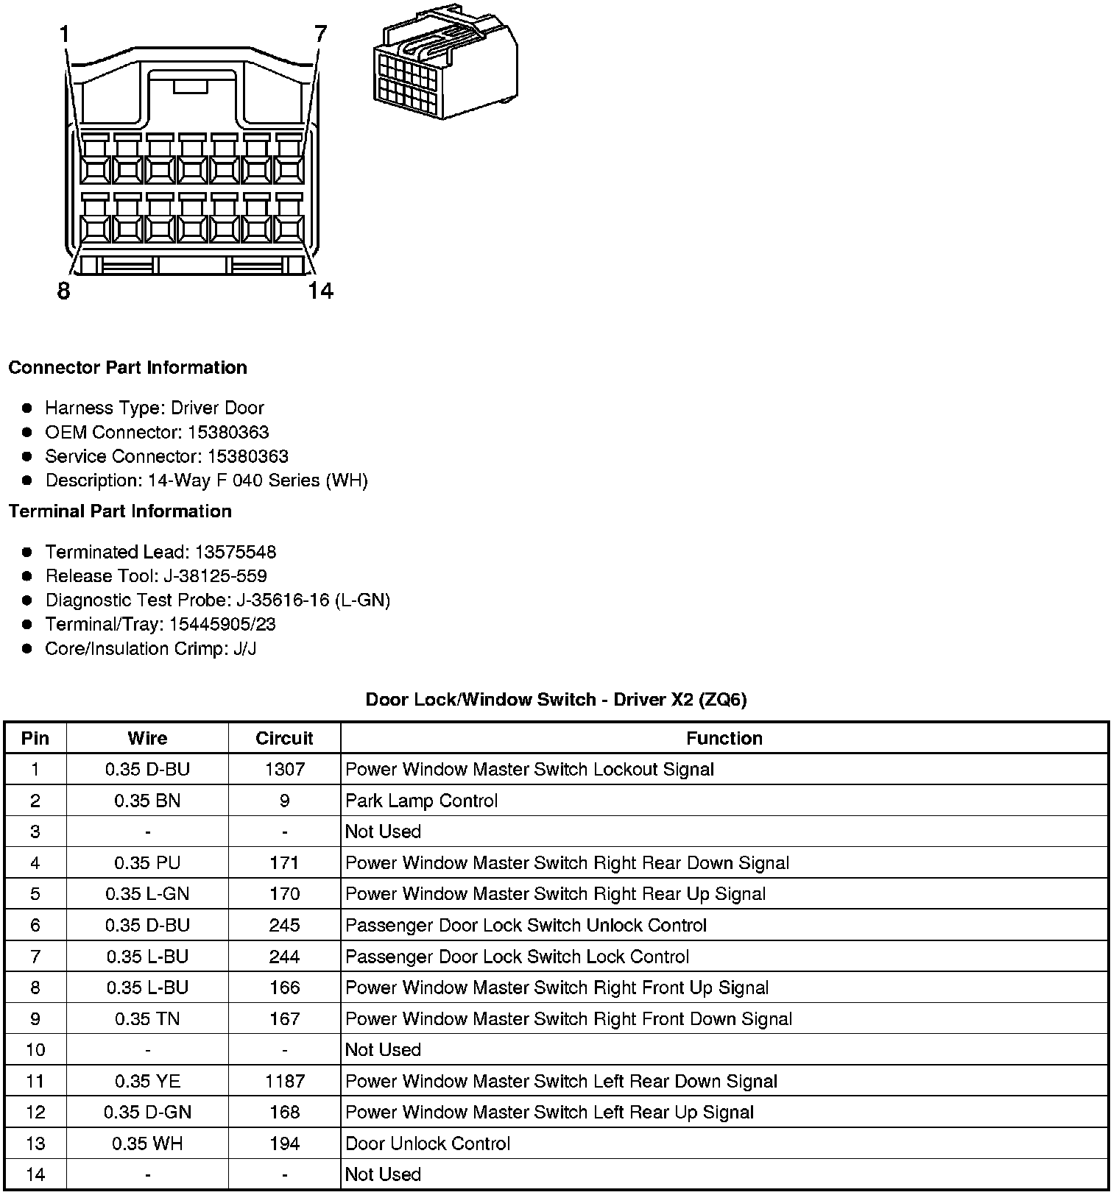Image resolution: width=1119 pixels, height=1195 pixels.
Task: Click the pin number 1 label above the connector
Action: [65, 34]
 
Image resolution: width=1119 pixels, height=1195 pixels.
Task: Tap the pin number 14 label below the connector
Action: [320, 291]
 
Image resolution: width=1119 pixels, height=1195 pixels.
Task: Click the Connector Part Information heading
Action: [127, 367]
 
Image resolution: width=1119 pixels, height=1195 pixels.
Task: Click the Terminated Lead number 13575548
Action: [235, 552]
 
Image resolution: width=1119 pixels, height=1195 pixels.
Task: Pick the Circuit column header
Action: [284, 738]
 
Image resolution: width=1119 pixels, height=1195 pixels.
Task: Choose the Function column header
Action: [724, 738]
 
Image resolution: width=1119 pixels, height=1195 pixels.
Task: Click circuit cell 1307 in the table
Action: [284, 769]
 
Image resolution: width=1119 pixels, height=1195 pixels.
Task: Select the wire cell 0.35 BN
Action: [147, 801]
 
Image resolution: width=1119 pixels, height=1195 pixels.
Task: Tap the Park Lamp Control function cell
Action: [421, 801]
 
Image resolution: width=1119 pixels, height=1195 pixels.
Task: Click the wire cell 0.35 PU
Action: [147, 862]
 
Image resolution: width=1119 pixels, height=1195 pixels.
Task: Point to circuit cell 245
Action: [284, 925]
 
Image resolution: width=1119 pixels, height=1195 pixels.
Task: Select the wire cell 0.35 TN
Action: [147, 1018]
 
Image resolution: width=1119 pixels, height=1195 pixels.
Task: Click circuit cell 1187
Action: [284, 1081]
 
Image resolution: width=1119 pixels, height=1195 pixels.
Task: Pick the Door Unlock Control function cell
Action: [428, 1143]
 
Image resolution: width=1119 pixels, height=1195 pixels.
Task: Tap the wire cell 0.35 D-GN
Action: [147, 1112]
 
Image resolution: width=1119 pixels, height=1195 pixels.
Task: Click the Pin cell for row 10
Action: [35, 1049]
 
